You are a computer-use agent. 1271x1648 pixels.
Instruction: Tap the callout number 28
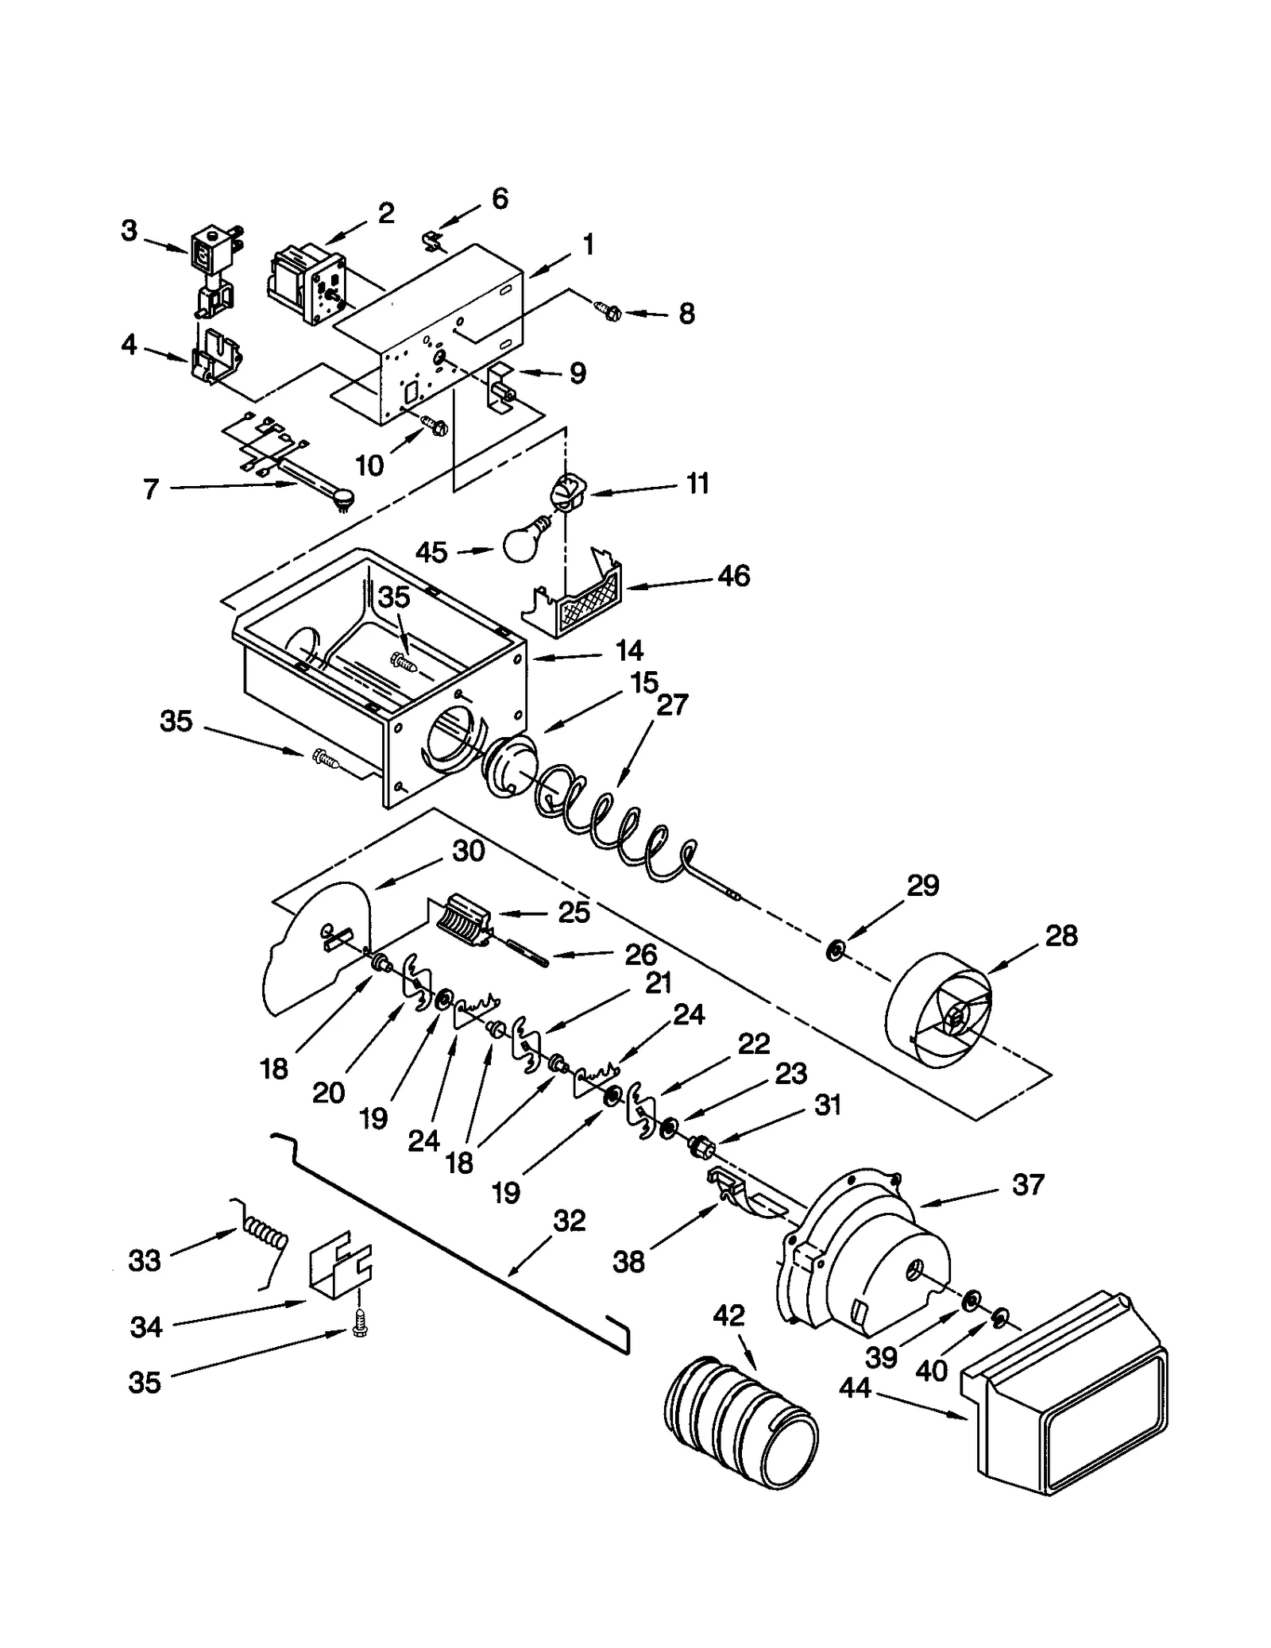coord(1060,936)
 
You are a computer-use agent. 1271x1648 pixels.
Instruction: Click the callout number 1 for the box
coord(588,245)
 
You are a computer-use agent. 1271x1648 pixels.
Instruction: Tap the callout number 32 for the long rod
coord(569,1221)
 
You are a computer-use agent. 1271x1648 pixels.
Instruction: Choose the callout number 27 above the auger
coord(672,704)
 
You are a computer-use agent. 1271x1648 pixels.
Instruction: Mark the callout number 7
coord(151,489)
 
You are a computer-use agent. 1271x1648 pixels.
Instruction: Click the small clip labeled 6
coord(433,239)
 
